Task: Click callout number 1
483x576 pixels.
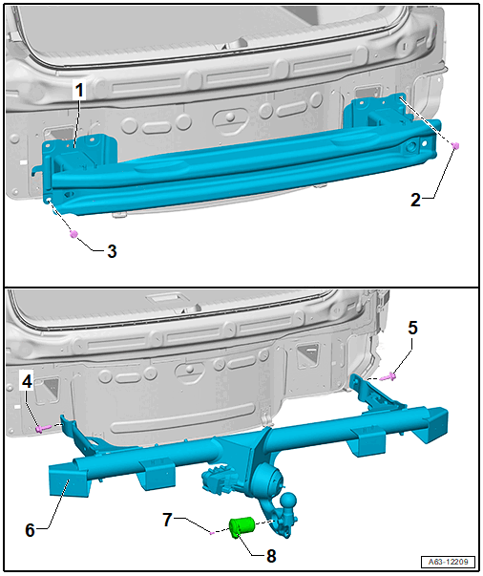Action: click(79, 91)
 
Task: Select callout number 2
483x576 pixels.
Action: click(415, 200)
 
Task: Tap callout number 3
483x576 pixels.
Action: click(112, 251)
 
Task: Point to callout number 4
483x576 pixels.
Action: click(27, 382)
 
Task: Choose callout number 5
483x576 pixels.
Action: click(413, 328)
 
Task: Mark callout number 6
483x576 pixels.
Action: click(31, 530)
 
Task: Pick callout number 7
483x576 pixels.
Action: click(167, 520)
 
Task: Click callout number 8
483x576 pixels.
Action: click(271, 556)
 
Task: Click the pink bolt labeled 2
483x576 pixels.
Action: click(455, 145)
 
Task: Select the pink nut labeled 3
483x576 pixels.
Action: click(73, 234)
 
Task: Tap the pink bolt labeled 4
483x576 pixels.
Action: click(41, 428)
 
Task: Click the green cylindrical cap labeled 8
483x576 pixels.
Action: click(241, 527)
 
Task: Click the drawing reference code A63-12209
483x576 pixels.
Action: click(448, 562)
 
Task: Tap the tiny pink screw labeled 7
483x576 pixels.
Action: click(211, 533)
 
